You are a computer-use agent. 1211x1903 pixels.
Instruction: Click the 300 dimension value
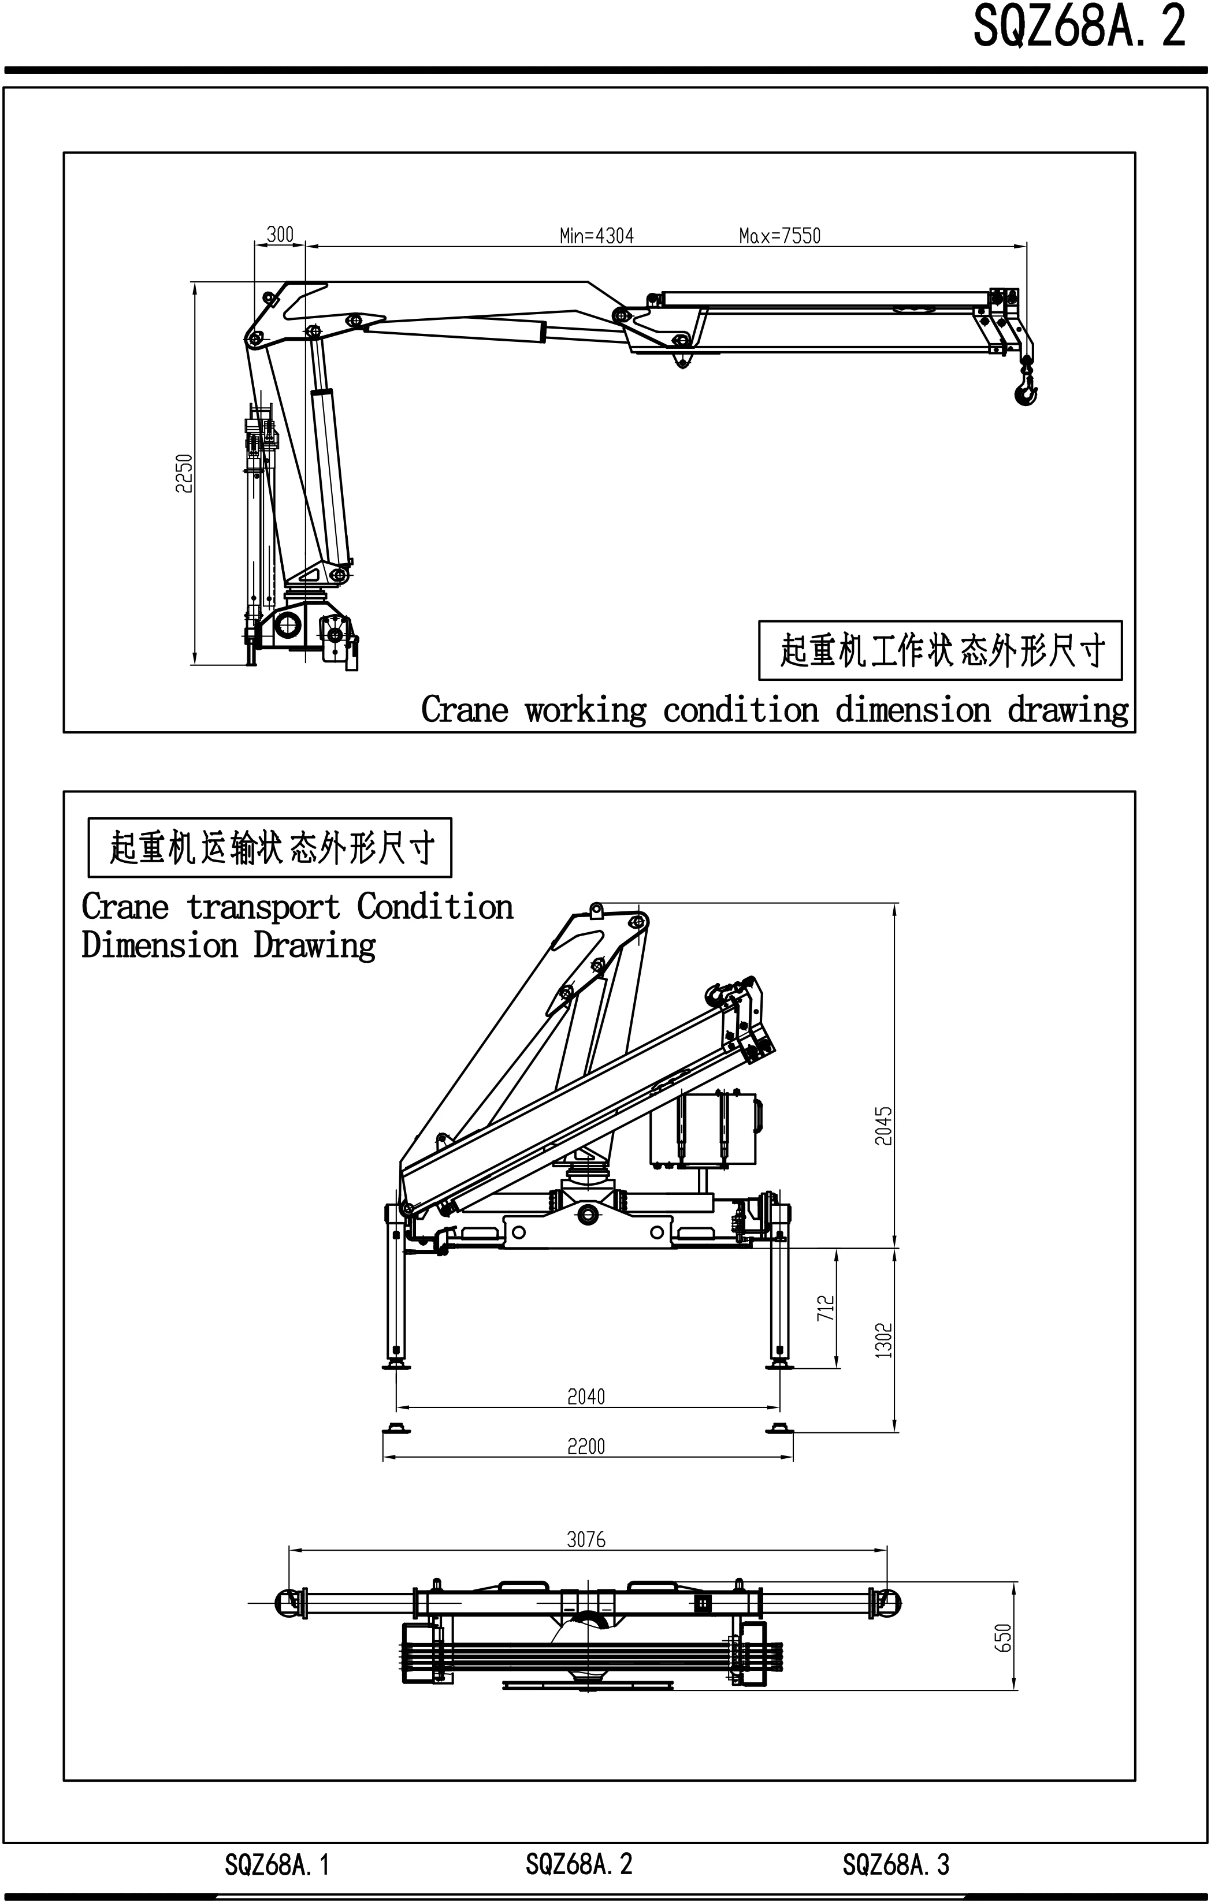(x=280, y=234)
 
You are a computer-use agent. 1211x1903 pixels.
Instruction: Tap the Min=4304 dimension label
(x=596, y=236)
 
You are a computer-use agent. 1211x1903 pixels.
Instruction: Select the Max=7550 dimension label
(x=779, y=236)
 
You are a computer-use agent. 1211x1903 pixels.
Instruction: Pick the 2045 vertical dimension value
(x=884, y=1126)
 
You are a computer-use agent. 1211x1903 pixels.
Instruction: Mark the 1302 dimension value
(x=884, y=1340)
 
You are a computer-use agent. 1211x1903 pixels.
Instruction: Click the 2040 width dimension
(x=586, y=1396)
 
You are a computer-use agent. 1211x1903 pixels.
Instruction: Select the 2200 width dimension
(x=586, y=1446)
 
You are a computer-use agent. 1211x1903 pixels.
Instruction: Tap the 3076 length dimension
(x=586, y=1540)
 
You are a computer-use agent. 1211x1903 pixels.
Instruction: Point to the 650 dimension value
(x=1002, y=1637)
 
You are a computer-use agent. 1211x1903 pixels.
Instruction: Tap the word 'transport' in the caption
(x=263, y=907)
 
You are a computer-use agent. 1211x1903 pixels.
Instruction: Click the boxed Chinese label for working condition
(x=940, y=650)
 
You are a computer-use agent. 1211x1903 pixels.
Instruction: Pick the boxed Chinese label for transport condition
(x=270, y=848)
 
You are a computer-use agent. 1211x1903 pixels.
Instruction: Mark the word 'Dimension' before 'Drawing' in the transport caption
(x=159, y=945)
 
